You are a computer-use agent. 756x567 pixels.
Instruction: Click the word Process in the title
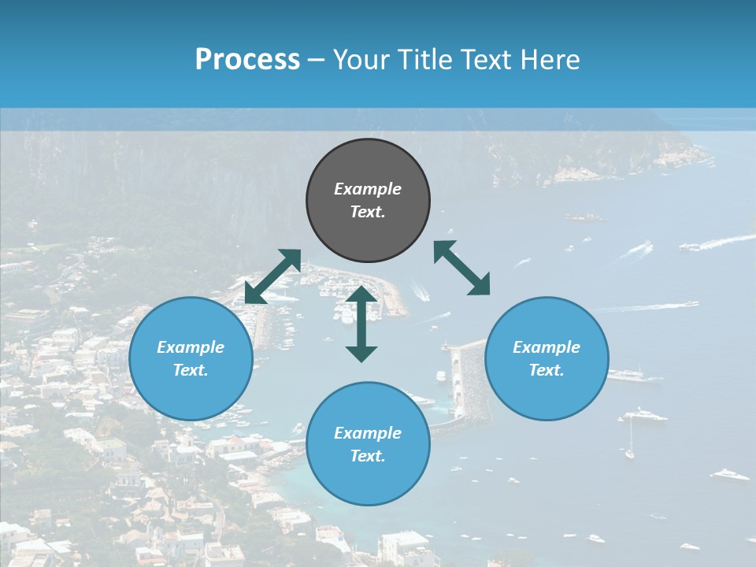coord(247,60)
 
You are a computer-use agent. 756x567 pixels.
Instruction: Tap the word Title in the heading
coord(422,60)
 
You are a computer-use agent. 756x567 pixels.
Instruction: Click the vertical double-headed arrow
coord(361,324)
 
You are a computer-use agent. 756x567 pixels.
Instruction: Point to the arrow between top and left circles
coord(272,276)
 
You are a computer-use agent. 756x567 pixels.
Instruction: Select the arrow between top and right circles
coord(461,268)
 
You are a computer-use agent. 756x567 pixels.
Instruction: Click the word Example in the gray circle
coord(368,189)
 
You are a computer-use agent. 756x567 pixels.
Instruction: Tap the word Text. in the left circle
coord(191,370)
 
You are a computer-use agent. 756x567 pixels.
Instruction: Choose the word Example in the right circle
coord(547,347)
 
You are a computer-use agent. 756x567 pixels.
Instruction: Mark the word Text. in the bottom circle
coord(368,456)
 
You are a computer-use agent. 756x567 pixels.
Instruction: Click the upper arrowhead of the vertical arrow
coord(361,294)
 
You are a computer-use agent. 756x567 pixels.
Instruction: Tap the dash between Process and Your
coord(317,60)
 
